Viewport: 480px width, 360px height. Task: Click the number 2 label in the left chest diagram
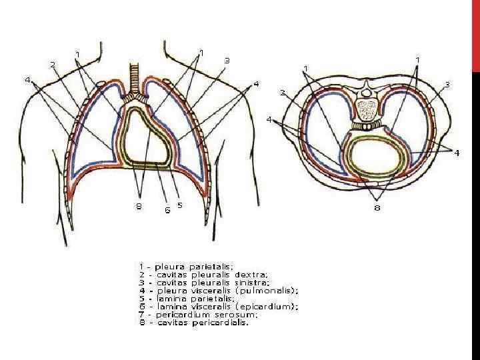[53, 64]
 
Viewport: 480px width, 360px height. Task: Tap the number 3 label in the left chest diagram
[227, 60]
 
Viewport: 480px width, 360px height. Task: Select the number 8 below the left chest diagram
[139, 206]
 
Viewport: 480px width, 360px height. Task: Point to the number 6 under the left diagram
[167, 209]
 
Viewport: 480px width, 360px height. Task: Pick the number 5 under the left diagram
[180, 205]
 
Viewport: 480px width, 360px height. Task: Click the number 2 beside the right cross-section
[283, 92]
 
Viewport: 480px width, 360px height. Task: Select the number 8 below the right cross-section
[377, 209]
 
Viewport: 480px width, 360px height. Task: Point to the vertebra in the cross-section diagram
[365, 107]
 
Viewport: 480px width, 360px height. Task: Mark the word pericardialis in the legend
[221, 323]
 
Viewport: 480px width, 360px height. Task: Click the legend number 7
[141, 314]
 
